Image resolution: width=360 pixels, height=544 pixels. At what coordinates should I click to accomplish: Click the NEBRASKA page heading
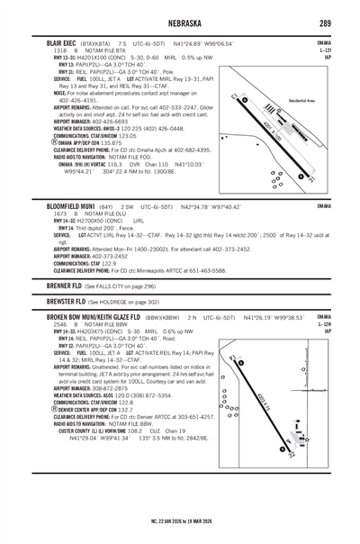click(180, 24)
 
